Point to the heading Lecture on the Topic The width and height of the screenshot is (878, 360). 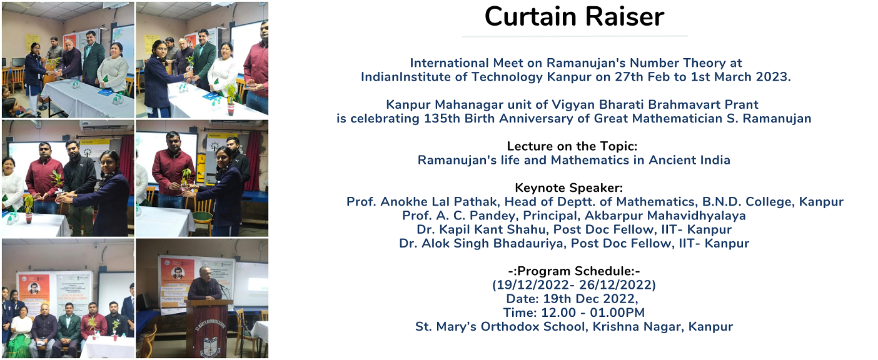click(x=572, y=146)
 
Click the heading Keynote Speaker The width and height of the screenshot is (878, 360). click(x=568, y=187)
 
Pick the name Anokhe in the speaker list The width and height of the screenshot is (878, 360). click(x=404, y=202)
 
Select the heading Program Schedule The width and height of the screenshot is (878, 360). click(x=574, y=271)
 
